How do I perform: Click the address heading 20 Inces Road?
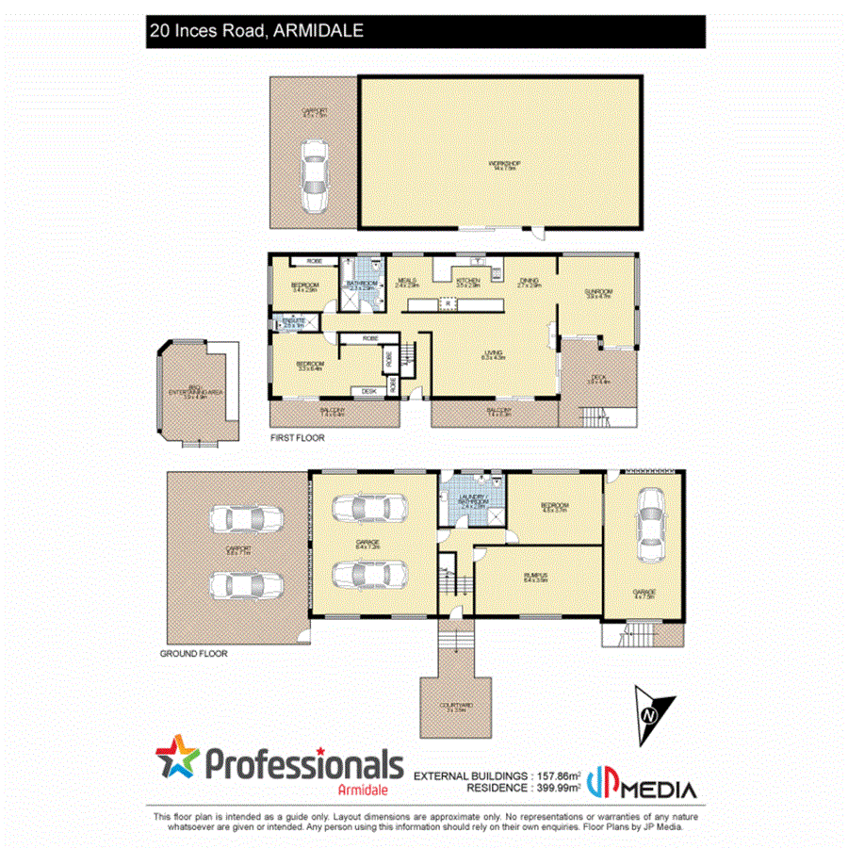[x=255, y=31]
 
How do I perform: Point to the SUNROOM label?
[x=599, y=293]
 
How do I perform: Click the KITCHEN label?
[x=468, y=282]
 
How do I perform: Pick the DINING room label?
[x=529, y=282]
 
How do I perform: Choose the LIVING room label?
[x=494, y=356]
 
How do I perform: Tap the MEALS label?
[x=408, y=282]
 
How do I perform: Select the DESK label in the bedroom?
[x=367, y=391]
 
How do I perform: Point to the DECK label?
[x=599, y=380]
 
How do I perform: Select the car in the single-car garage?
[x=650, y=528]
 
